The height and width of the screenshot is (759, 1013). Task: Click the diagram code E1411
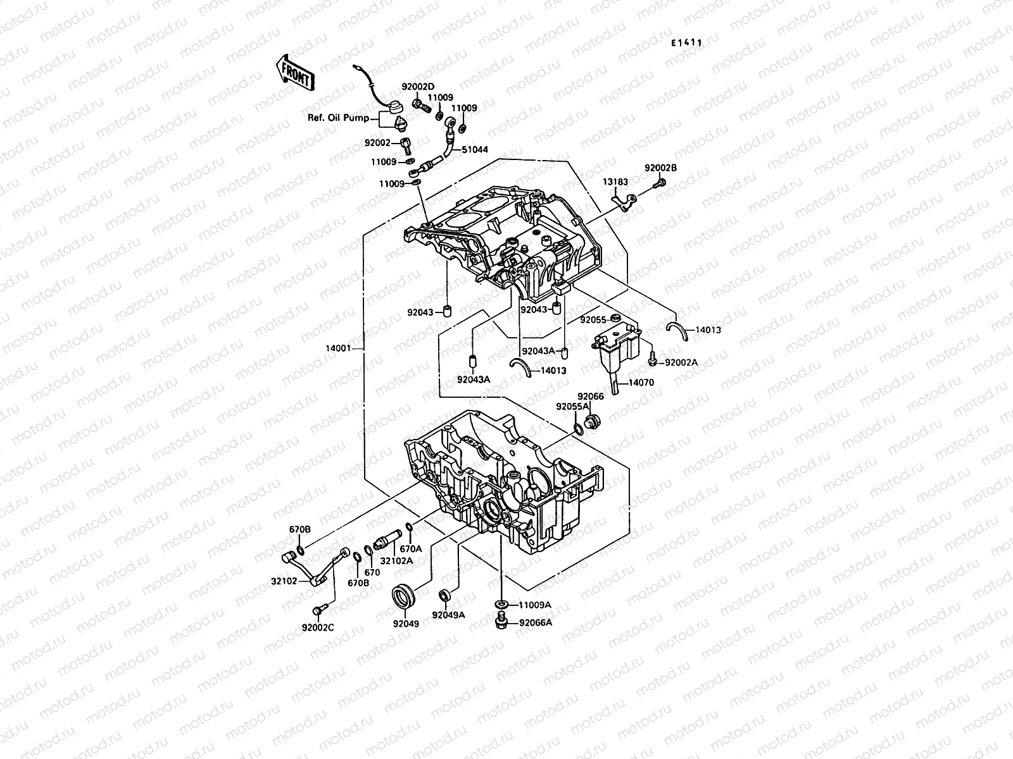click(687, 43)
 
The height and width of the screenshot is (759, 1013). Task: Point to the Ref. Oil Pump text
click(348, 118)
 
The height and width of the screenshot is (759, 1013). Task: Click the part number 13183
click(615, 182)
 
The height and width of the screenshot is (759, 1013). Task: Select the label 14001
click(339, 348)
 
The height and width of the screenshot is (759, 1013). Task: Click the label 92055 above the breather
click(593, 320)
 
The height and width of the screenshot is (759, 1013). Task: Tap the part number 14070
click(641, 383)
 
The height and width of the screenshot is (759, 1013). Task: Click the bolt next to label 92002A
click(652, 361)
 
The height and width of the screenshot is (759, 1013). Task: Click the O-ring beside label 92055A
click(579, 430)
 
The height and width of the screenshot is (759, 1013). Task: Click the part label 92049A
click(448, 615)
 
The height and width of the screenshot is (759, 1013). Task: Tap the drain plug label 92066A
click(536, 622)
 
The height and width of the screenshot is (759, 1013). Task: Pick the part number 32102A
click(396, 560)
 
